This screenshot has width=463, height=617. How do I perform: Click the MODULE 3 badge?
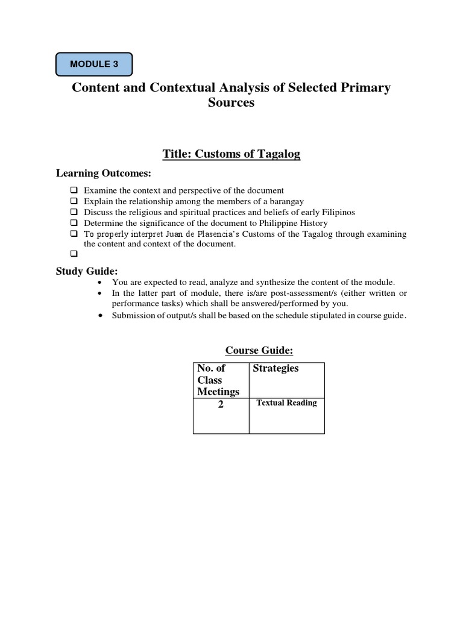point(93,64)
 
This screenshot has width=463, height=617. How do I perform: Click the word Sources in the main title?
point(231,102)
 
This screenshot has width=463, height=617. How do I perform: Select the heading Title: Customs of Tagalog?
point(231,154)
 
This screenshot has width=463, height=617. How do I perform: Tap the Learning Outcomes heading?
point(103,174)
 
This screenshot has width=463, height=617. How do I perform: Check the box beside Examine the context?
point(74,190)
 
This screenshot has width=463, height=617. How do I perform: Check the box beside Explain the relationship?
point(74,201)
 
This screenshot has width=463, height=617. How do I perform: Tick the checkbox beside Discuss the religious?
point(74,212)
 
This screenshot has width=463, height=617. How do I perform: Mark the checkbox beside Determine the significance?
point(74,223)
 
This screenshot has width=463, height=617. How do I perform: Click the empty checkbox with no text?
point(74,254)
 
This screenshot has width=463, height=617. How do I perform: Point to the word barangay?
point(286,201)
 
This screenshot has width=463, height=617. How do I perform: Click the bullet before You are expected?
point(99,283)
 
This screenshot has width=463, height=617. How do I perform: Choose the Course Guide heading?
point(259,350)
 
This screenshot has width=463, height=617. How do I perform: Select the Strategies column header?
point(276,368)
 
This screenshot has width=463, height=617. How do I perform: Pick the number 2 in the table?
point(221,405)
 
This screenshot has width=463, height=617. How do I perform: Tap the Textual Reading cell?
point(286,403)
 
